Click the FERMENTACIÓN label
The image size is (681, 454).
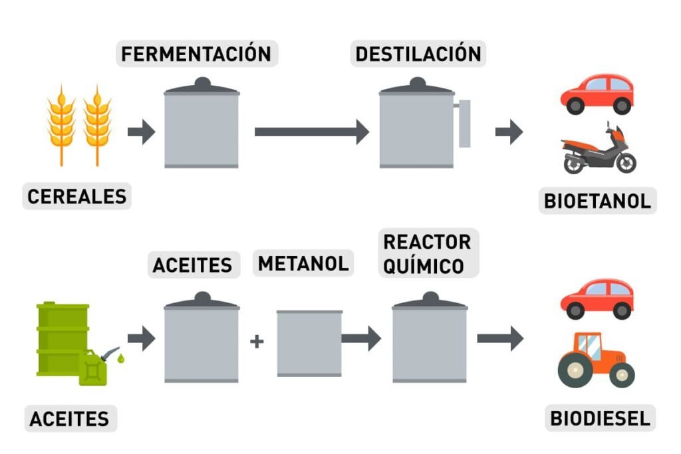click(x=196, y=54)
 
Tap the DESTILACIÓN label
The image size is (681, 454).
click(x=418, y=54)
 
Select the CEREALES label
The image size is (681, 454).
click(x=77, y=196)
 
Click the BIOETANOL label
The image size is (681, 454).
click(x=597, y=201)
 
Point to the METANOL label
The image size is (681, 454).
click(x=303, y=263)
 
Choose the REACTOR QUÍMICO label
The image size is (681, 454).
click(x=428, y=253)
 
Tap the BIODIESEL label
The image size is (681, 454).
click(x=600, y=418)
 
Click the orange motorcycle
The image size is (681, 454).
click(x=599, y=149)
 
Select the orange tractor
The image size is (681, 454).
click(x=596, y=360)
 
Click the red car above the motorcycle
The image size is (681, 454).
click(x=597, y=94)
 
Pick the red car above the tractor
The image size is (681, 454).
click(x=597, y=299)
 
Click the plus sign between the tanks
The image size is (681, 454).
click(x=257, y=341)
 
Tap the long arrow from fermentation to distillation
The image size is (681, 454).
click(x=312, y=132)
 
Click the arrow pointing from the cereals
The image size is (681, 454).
click(x=141, y=132)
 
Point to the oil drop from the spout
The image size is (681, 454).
click(x=121, y=358)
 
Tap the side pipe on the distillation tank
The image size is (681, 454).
click(x=464, y=123)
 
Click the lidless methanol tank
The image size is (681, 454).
click(x=309, y=343)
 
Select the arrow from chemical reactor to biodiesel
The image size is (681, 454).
click(x=500, y=338)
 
